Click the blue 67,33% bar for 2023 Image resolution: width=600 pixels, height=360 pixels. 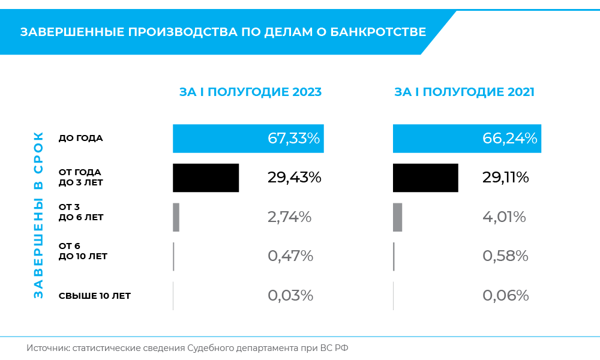pyautogui.click(x=247, y=138)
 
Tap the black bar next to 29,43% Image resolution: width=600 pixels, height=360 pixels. pyautogui.click(x=206, y=178)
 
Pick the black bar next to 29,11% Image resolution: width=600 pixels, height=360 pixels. pyautogui.click(x=425, y=178)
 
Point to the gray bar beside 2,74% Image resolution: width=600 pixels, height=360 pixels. pyautogui.click(x=176, y=217)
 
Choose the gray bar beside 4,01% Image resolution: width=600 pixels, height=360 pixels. pyautogui.click(x=397, y=217)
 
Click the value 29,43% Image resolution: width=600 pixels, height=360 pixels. pyautogui.click(x=294, y=178)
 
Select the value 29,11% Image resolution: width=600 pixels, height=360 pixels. pyautogui.click(x=505, y=178)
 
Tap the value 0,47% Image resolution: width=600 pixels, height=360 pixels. pyautogui.click(x=290, y=256)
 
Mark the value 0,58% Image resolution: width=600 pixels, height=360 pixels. pyautogui.click(x=505, y=256)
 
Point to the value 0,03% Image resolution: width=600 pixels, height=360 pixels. pyautogui.click(x=290, y=296)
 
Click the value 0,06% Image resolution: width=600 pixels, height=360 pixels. pyautogui.click(x=505, y=296)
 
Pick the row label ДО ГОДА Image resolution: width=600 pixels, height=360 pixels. pyautogui.click(x=81, y=138)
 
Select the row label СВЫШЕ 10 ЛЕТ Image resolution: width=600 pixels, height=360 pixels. pyautogui.click(x=95, y=296)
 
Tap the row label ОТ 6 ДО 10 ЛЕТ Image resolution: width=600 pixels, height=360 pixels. pyautogui.click(x=83, y=251)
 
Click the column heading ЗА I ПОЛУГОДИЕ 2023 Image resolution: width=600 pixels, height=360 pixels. pyautogui.click(x=250, y=92)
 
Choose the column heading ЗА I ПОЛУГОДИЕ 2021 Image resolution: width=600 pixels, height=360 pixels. pyautogui.click(x=464, y=92)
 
